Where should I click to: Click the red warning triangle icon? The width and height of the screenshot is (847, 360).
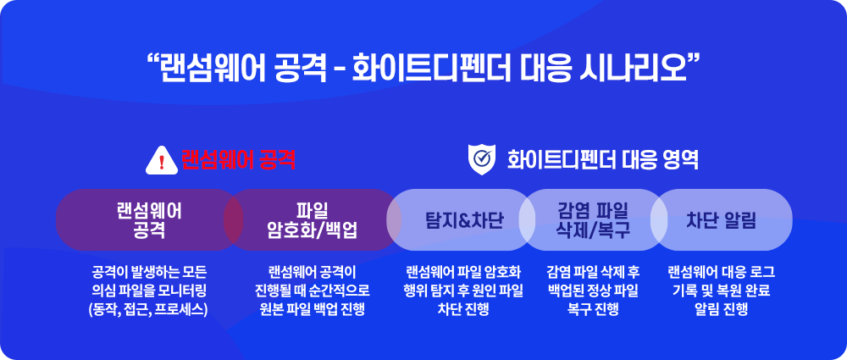[162, 162]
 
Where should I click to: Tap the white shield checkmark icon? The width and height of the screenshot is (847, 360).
[481, 160]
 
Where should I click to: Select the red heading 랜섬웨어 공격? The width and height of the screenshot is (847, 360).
[238, 160]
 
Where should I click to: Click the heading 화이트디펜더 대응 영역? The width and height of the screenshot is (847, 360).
[602, 160]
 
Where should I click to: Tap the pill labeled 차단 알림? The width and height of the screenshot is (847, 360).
[721, 220]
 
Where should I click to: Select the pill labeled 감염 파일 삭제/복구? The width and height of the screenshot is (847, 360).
[593, 220]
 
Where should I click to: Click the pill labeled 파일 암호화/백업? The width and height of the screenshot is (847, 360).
[313, 220]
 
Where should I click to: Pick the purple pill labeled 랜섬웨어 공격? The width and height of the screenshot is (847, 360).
[150, 220]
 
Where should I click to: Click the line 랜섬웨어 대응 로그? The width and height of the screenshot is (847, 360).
[721, 271]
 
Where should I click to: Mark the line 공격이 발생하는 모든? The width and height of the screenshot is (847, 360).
[149, 271]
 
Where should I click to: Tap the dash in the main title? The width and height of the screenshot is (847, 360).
[340, 71]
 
